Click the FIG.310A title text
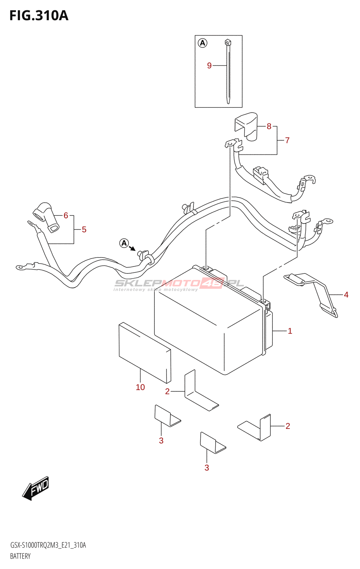pyautogui.click(x=39, y=16)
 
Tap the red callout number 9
pyautogui.click(x=209, y=65)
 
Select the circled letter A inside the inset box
pyautogui.click(x=202, y=43)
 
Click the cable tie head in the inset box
pyautogui.click(x=228, y=43)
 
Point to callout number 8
pyautogui.click(x=269, y=126)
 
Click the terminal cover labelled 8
pyautogui.click(x=247, y=125)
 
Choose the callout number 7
pyautogui.click(x=287, y=140)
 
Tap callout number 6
pyautogui.click(x=66, y=216)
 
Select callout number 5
pyautogui.click(x=84, y=230)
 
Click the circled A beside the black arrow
pyautogui.click(x=124, y=243)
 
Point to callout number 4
pyautogui.click(x=346, y=295)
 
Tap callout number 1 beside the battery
pyautogui.click(x=290, y=331)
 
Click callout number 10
pyautogui.click(x=140, y=387)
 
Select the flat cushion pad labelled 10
pyautogui.click(x=144, y=352)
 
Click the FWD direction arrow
pyautogui.click(x=36, y=488)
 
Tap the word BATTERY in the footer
pyautogui.click(x=20, y=556)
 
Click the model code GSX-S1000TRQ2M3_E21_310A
pyautogui.click(x=48, y=545)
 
